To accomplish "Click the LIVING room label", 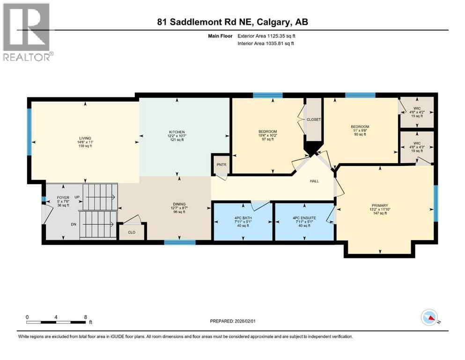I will click(85, 137).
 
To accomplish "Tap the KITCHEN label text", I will click(177, 132).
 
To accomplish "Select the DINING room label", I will click(179, 204).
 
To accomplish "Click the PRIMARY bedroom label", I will click(380, 205).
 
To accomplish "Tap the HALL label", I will click(314, 181).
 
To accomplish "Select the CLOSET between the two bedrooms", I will click(314, 120).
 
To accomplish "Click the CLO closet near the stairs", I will click(132, 232).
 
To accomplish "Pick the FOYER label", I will click(63, 197).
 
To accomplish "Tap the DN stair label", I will click(74, 224).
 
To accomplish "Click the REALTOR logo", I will click(28, 32).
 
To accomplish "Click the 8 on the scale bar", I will click(85, 316).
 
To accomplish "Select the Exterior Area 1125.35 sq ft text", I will click(266, 36).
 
